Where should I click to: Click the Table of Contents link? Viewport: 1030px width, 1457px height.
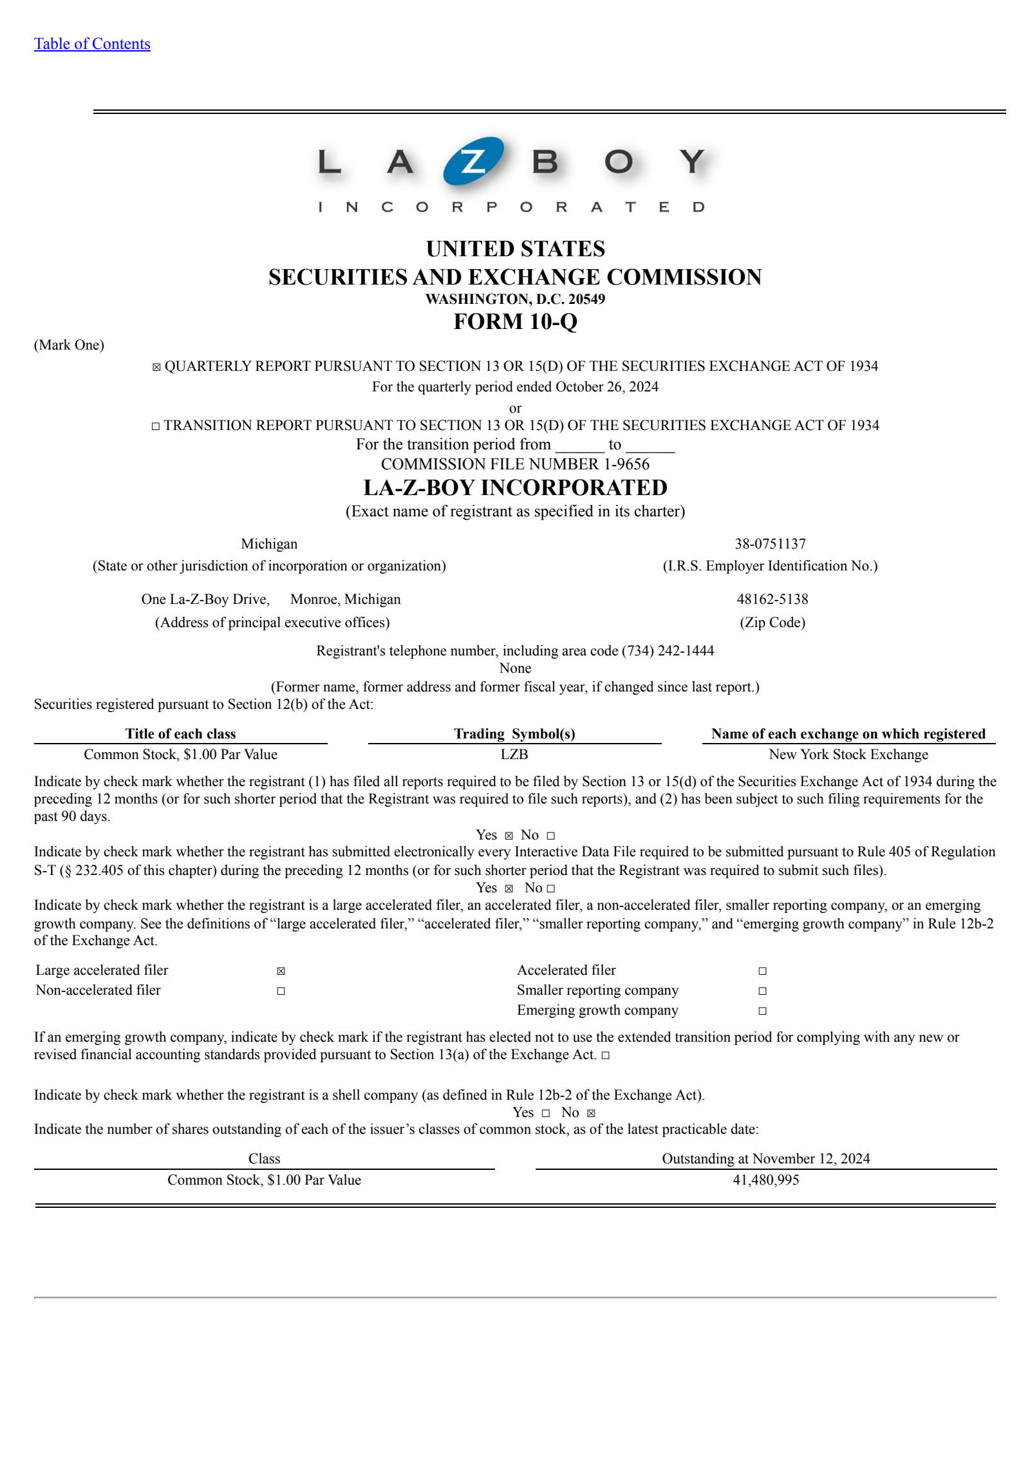(92, 44)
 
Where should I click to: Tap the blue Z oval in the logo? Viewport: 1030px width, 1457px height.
(473, 161)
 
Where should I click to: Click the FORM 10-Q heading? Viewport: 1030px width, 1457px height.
(515, 321)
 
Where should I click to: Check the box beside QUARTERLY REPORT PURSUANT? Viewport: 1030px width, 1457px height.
(156, 367)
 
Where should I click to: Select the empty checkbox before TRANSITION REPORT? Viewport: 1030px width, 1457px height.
(156, 426)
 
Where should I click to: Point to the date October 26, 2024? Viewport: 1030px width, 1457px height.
(606, 387)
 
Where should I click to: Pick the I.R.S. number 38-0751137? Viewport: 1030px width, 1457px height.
(770, 544)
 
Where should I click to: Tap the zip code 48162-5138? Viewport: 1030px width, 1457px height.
(772, 599)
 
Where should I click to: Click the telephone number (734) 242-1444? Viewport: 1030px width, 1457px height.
(668, 651)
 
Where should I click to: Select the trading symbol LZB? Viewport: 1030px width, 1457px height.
(514, 755)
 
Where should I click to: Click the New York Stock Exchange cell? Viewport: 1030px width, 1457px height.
(848, 755)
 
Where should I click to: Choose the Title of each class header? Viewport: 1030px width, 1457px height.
(180, 734)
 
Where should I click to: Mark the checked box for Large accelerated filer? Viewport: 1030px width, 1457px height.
(281, 971)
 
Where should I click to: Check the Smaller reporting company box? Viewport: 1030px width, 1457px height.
(762, 991)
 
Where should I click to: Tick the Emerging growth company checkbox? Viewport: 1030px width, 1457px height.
(762, 1011)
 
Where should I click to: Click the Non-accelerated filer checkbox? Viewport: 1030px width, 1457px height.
(281, 991)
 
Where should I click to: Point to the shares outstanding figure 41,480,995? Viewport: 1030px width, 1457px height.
(765, 1180)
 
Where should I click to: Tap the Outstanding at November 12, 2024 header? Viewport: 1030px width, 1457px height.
(765, 1159)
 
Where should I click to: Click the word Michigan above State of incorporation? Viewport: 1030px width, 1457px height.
(269, 544)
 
